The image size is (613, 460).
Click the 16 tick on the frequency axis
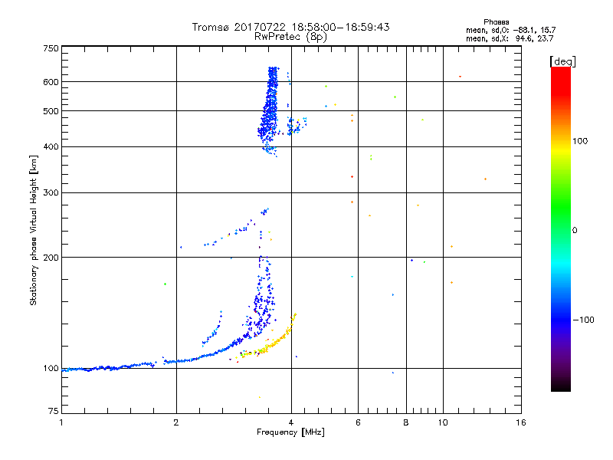pyautogui.click(x=520, y=422)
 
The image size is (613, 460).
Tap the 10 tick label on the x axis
pyautogui.click(x=442, y=422)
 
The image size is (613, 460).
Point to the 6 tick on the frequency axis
pyautogui.click(x=358, y=422)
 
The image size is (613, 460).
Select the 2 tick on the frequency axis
pyautogui.click(x=176, y=422)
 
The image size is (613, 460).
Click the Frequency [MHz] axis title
pyautogui.click(x=290, y=432)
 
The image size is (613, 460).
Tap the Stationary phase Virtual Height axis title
pyautogui.click(x=34, y=230)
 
